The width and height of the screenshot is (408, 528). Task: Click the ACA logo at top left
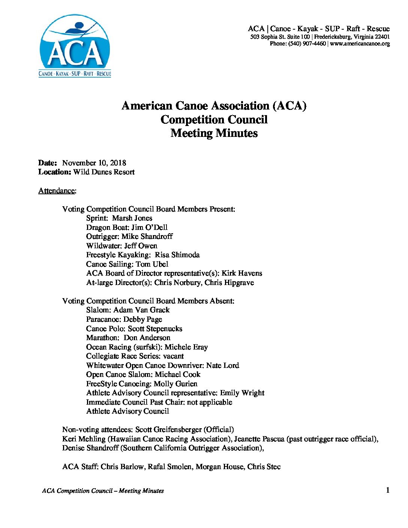pyautogui.click(x=75, y=46)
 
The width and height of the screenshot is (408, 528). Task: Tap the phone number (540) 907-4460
pyautogui.click(x=307, y=43)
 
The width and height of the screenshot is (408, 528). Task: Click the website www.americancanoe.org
pyautogui.click(x=360, y=43)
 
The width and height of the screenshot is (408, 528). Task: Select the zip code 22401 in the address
pyautogui.click(x=382, y=37)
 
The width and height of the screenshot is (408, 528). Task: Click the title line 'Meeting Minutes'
pyautogui.click(x=214, y=133)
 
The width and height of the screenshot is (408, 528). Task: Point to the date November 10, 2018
pyautogui.click(x=94, y=163)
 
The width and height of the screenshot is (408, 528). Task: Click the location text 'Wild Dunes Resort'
pyautogui.click(x=104, y=172)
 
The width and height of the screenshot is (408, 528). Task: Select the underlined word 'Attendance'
pyautogui.click(x=57, y=190)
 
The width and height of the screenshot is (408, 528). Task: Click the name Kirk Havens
pyautogui.click(x=241, y=273)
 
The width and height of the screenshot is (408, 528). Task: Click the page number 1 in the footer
pyautogui.click(x=387, y=490)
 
